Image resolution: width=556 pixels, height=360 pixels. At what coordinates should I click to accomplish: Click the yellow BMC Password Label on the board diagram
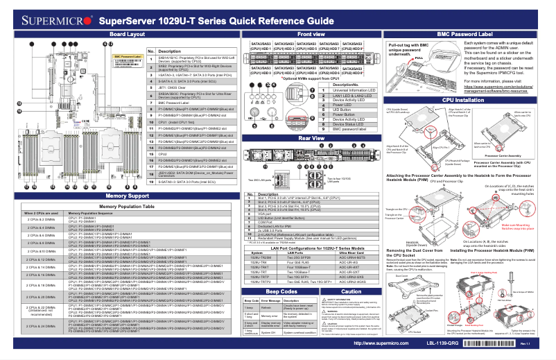[x=128, y=57]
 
